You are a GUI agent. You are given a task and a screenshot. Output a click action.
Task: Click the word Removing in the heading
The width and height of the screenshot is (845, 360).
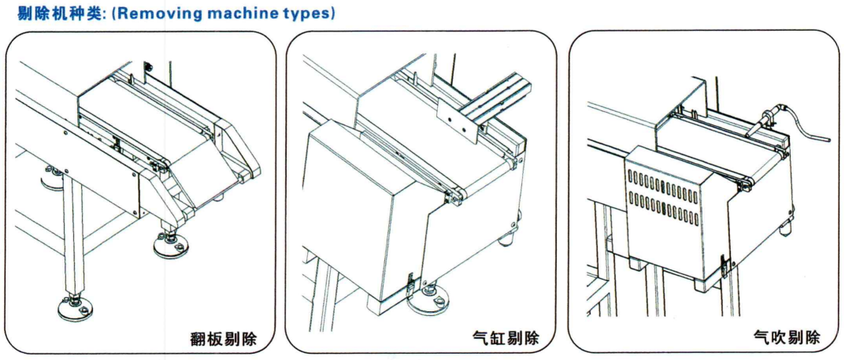click(x=146, y=13)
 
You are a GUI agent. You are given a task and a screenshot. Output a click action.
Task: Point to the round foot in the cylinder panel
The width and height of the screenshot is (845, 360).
click(x=432, y=296)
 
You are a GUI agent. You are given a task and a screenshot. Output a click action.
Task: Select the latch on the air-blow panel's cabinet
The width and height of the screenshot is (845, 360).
click(x=724, y=265)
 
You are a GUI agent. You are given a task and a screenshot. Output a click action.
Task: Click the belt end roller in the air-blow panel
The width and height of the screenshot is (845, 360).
click(x=745, y=184)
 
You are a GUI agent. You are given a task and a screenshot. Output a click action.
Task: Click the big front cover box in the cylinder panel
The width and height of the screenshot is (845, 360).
click(x=362, y=213)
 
